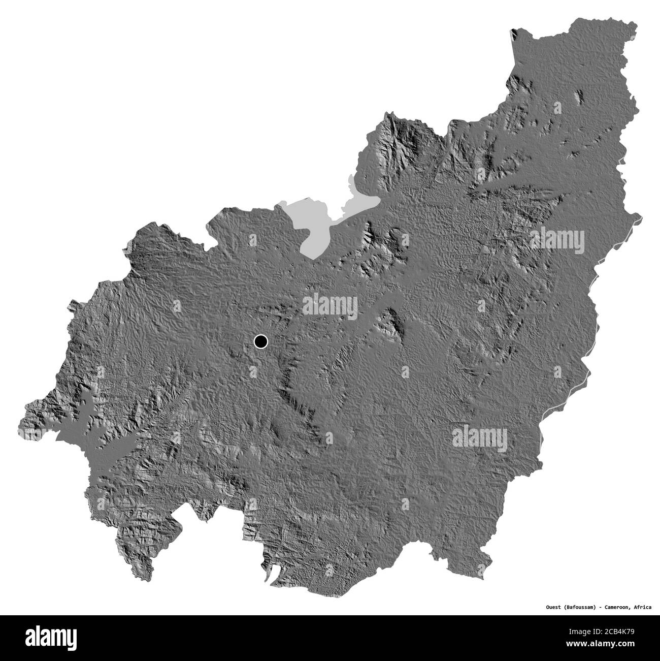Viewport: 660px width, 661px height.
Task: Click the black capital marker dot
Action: (260, 341)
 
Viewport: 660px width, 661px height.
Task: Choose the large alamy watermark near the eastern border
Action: (557, 240)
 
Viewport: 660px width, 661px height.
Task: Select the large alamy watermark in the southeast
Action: (479, 436)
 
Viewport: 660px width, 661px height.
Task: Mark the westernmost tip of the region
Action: (19, 425)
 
